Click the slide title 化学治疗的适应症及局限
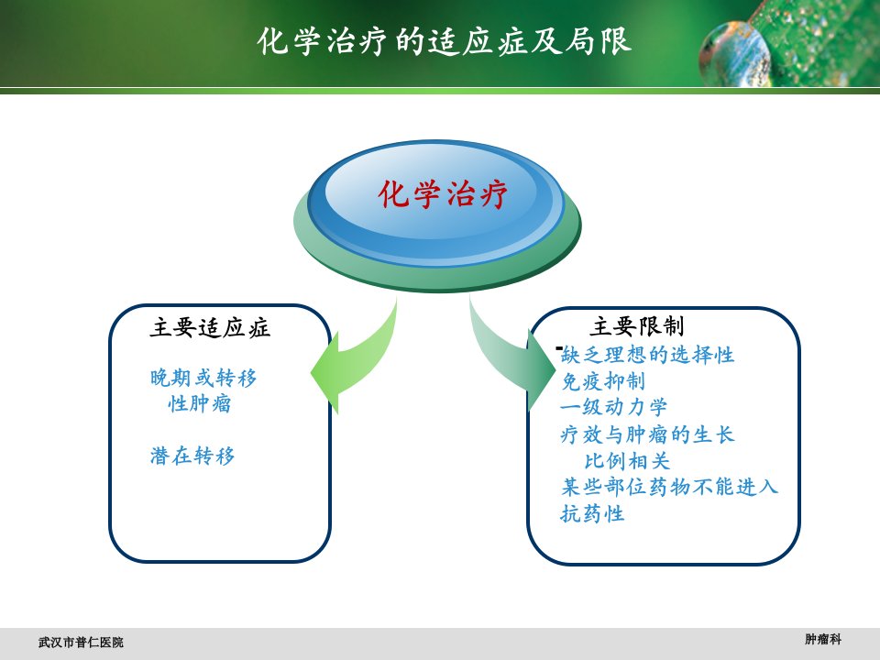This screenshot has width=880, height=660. click(445, 41)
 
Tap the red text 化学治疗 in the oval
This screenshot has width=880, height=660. click(443, 194)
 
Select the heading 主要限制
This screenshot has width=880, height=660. click(637, 326)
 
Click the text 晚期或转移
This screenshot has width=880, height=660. click(203, 378)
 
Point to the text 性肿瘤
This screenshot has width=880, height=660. click(199, 403)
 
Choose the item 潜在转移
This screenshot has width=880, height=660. click(192, 456)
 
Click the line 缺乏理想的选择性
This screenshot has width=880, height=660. click(648, 355)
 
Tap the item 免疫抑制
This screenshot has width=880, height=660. click(603, 381)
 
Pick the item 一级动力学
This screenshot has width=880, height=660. click(614, 407)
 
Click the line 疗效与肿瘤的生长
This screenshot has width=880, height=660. click(647, 434)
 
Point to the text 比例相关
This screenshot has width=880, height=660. click(627, 461)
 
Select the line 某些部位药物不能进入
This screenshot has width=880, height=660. click(669, 487)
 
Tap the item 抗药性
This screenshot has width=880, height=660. click(593, 513)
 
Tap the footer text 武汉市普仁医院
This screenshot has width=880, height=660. click(81, 642)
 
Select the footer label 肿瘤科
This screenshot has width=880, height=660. click(823, 639)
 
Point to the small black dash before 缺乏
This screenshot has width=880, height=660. click(559, 348)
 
